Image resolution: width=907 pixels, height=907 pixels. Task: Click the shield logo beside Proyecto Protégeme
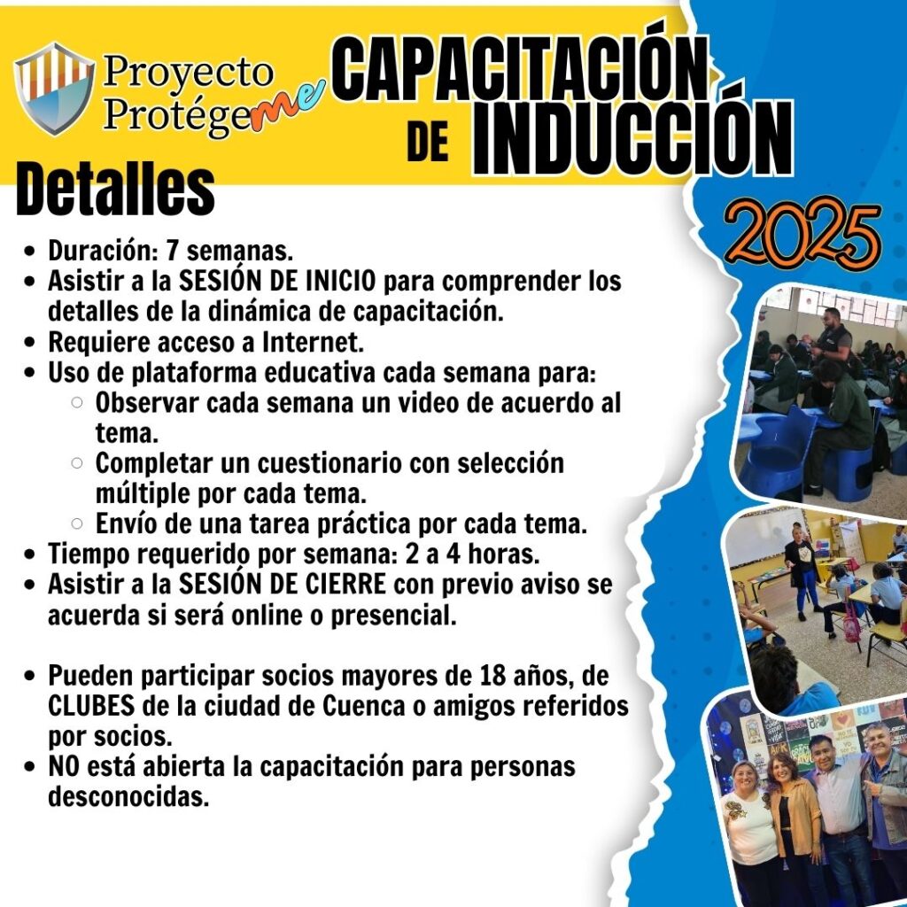click(x=54, y=88)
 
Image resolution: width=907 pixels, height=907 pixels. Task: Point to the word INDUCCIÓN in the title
click(x=632, y=138)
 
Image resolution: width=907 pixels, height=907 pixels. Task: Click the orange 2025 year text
click(x=803, y=234)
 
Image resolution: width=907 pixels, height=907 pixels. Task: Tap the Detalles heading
click(x=116, y=190)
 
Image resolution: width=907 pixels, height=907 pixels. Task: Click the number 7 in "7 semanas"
click(x=173, y=251)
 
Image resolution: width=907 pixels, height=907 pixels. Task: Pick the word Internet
click(x=313, y=342)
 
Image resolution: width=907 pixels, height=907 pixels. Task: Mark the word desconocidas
click(x=128, y=797)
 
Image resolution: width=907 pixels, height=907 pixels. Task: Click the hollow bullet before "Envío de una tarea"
click(x=77, y=523)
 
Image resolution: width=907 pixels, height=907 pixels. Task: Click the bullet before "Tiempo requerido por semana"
click(x=30, y=554)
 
